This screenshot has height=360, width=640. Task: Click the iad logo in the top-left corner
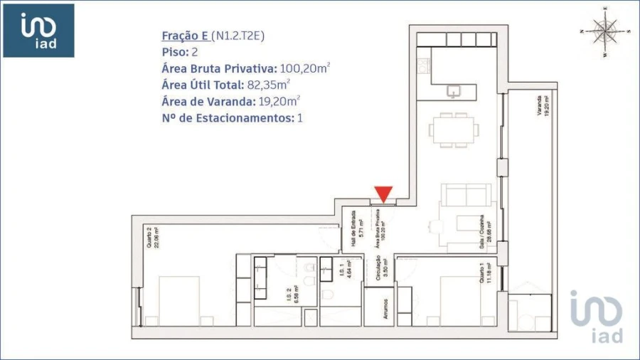(39, 30)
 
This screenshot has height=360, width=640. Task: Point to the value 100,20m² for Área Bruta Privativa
(305, 68)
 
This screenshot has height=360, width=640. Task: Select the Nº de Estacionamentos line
(233, 117)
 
